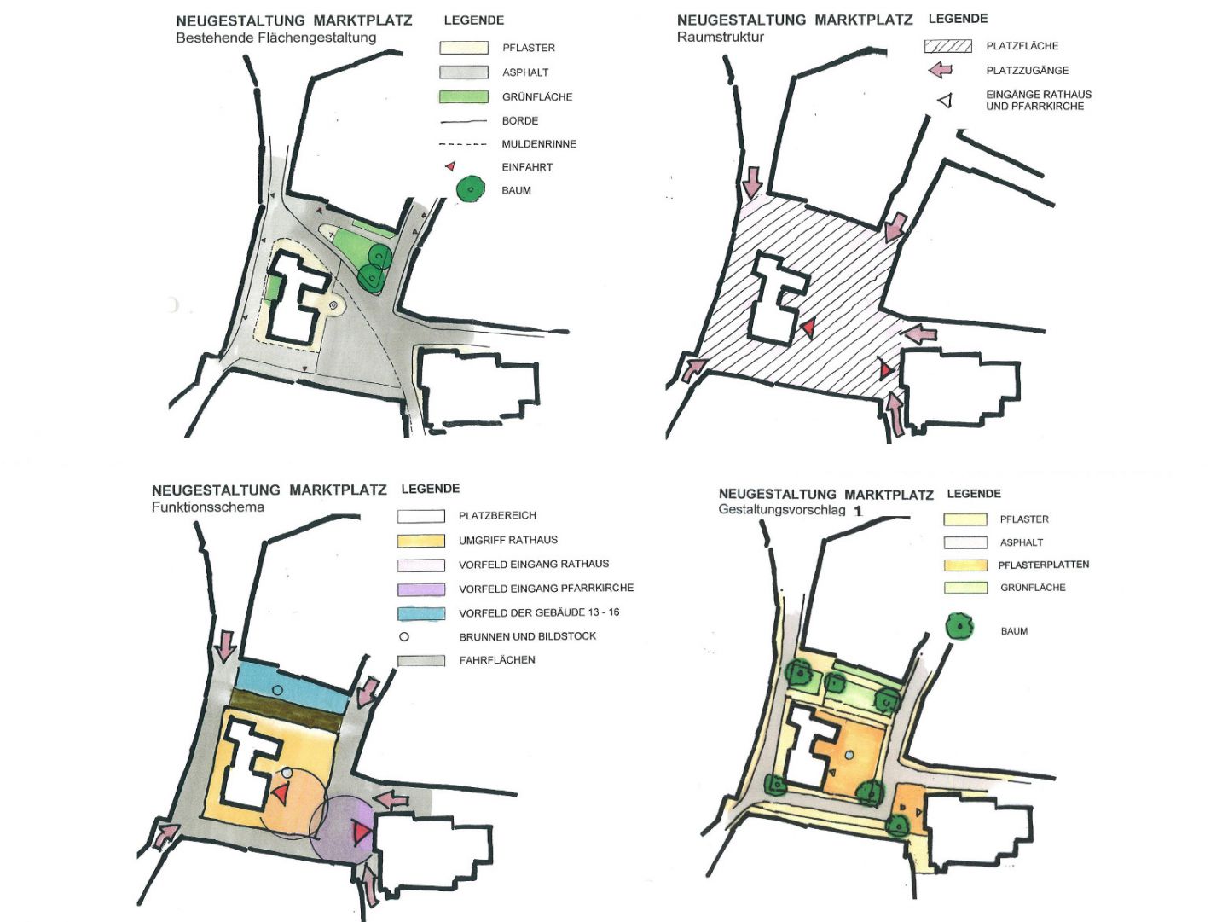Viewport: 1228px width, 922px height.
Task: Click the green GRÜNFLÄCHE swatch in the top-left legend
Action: point(463,96)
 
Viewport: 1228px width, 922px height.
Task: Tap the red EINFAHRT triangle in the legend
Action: point(450,166)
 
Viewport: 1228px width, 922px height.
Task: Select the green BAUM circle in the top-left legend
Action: point(470,189)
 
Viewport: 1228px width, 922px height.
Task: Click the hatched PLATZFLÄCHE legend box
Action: point(947,46)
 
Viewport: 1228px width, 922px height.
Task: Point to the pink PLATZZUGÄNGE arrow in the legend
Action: point(940,70)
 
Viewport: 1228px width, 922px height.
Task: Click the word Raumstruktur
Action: point(720,37)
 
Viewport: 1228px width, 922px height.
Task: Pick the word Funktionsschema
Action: point(207,507)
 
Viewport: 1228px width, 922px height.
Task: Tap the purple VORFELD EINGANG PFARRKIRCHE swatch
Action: point(421,589)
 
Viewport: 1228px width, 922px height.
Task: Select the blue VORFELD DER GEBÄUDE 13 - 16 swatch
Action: point(421,612)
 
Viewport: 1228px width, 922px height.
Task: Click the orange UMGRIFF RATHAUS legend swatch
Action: point(421,540)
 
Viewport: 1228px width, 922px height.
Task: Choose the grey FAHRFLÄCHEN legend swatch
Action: point(421,660)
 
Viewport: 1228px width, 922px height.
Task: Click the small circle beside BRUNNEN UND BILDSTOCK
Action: point(404,636)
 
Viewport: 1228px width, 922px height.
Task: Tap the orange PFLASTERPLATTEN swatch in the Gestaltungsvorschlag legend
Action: point(965,565)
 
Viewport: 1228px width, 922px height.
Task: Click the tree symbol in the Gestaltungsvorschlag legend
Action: point(959,627)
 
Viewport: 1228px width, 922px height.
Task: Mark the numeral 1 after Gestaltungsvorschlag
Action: point(858,511)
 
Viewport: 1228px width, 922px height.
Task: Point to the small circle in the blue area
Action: point(276,689)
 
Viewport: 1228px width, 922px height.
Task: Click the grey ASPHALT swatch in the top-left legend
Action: point(463,72)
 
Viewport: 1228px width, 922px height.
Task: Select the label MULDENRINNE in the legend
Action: point(539,144)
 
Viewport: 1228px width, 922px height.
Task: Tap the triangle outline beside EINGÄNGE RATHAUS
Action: point(944,101)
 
